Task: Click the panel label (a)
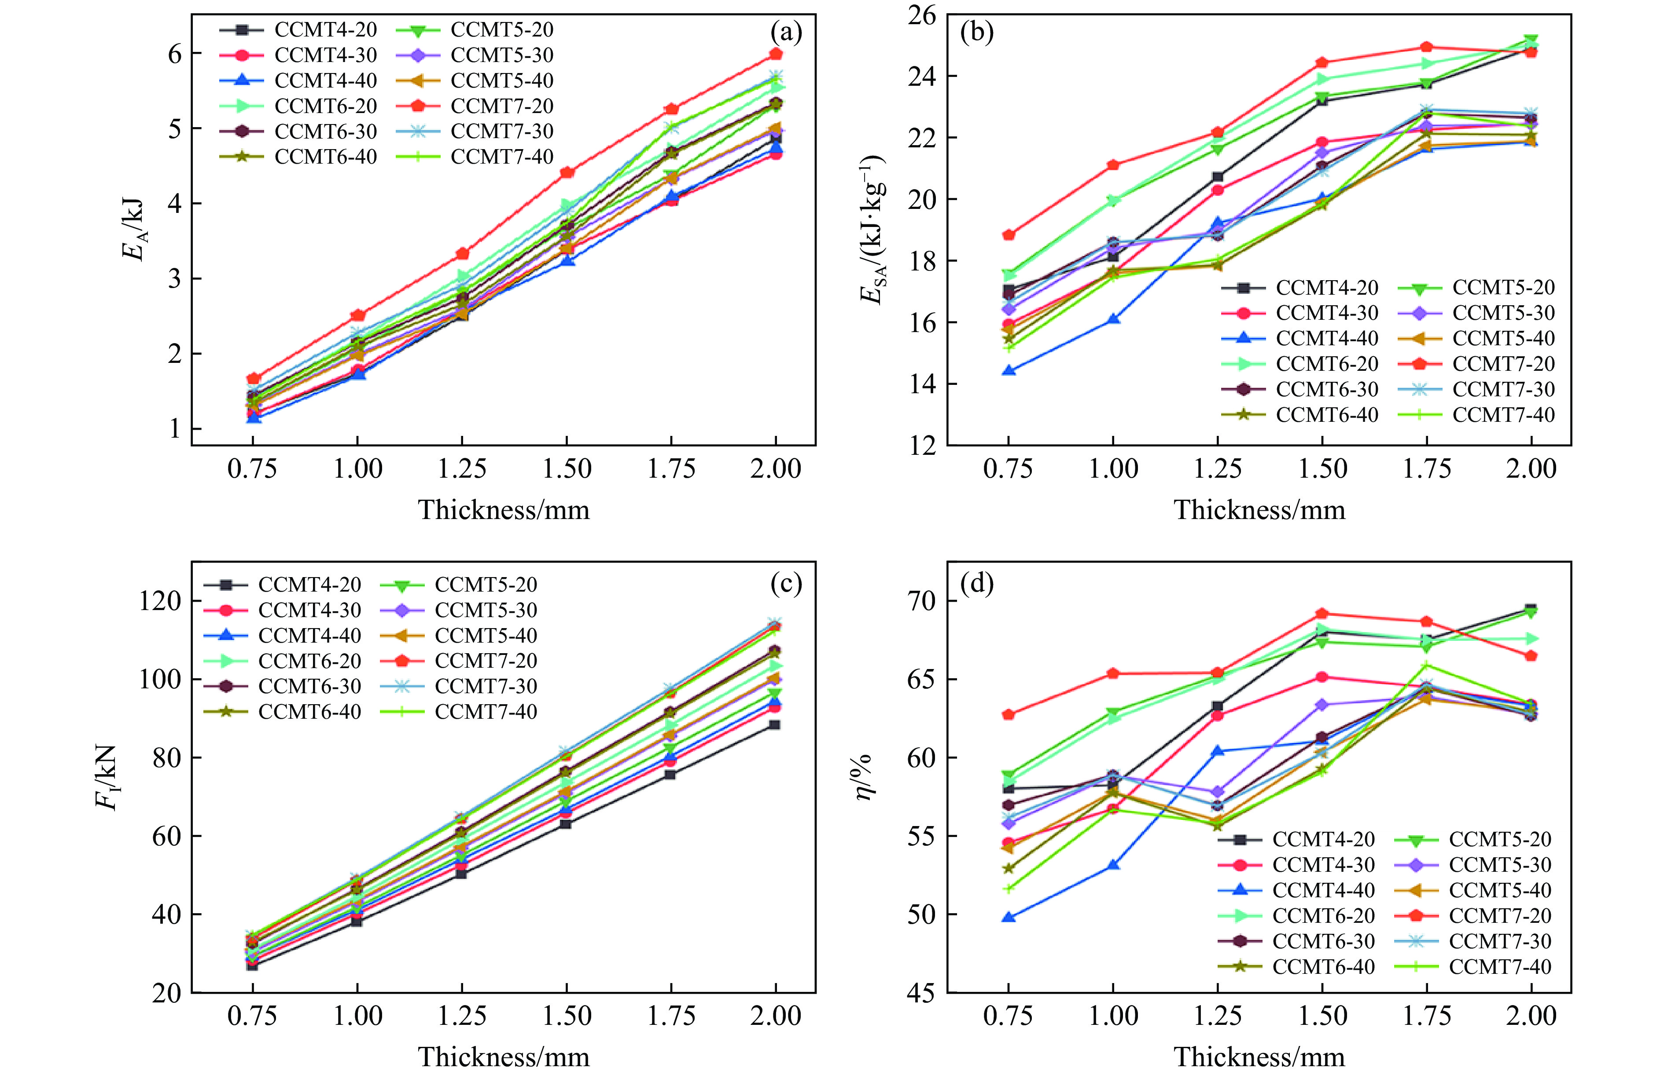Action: pos(785,33)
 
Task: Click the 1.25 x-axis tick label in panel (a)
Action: pos(462,468)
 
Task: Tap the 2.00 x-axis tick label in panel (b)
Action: pos(1531,468)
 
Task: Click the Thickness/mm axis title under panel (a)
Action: pos(504,510)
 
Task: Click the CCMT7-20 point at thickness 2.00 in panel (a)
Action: pos(775,54)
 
